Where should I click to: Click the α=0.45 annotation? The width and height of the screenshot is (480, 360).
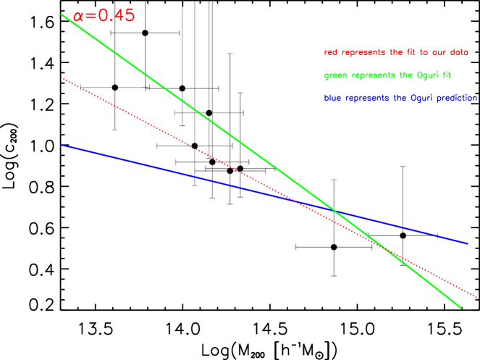click(104, 15)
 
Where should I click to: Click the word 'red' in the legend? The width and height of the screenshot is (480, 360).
click(330, 53)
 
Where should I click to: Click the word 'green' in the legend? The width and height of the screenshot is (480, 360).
click(334, 75)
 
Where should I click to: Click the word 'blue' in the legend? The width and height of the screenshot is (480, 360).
click(332, 98)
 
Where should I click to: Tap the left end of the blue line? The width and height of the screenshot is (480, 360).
click(62, 144)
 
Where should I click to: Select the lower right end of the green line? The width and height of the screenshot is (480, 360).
click(461, 308)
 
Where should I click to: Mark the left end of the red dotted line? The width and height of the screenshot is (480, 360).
click(62, 77)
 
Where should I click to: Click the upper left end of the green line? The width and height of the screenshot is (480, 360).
click(62, 14)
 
